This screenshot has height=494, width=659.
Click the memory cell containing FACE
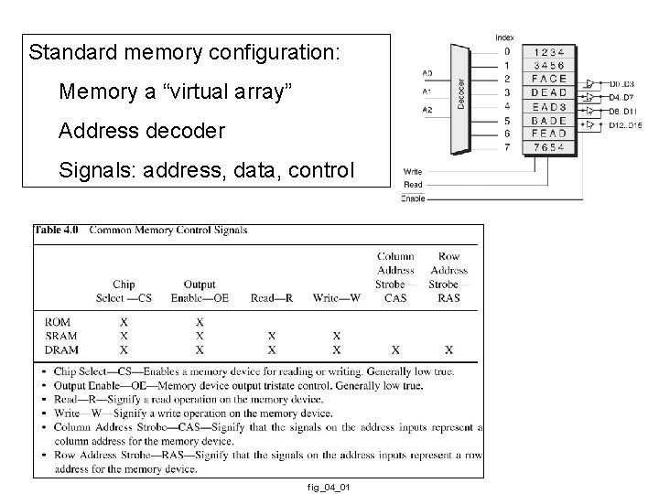click(x=548, y=79)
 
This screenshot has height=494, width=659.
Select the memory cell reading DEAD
click(x=548, y=92)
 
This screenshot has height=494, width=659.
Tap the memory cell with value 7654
click(x=548, y=147)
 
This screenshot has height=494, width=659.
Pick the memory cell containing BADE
click(x=548, y=120)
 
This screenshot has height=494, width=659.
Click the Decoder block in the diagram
click(x=462, y=98)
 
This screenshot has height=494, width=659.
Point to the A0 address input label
click(x=427, y=72)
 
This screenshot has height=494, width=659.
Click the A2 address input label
click(x=427, y=110)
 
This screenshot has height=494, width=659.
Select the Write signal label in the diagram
click(x=413, y=171)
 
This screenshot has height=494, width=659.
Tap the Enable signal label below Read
click(x=413, y=197)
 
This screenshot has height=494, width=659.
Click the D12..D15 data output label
click(x=625, y=124)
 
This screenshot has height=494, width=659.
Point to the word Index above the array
click(x=504, y=38)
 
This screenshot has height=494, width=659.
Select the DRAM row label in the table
click(x=61, y=349)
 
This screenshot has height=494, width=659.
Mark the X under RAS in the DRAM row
click(x=448, y=349)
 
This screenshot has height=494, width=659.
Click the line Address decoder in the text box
click(x=141, y=131)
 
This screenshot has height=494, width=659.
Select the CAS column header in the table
click(x=395, y=296)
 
